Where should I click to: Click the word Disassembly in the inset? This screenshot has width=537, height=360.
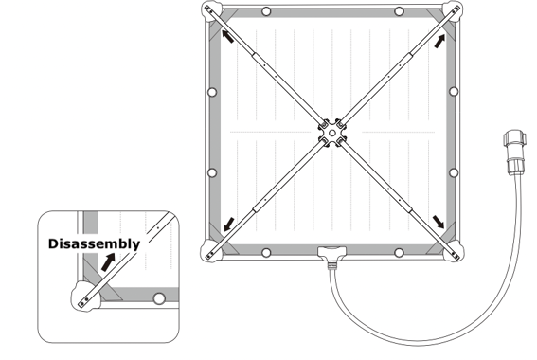pos(94,243)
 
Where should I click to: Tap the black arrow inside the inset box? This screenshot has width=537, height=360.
pos(108,262)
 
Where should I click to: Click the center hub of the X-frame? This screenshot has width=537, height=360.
pos(331,133)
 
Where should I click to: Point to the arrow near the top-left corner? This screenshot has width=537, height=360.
pos(228,36)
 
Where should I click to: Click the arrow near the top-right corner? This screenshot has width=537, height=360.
pos(439,42)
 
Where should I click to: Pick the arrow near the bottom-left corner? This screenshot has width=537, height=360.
pos(229,224)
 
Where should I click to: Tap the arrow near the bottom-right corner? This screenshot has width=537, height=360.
pos(439,222)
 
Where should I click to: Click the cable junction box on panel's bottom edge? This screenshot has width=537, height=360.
pos(331,251)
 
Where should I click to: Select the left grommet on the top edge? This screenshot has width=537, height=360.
pos(266,11)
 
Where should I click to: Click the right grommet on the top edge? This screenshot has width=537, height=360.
pos(399,11)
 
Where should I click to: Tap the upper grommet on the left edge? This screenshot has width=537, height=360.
pos(212,92)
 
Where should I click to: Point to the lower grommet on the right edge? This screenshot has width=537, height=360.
pos(454,172)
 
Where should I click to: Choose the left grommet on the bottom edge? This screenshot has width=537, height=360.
pos(266,253)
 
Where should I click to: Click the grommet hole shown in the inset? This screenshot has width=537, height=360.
pos(159,298)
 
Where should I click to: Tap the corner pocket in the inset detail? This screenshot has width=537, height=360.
pos(85,297)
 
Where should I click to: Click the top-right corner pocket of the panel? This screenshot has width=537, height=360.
pos(454,11)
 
